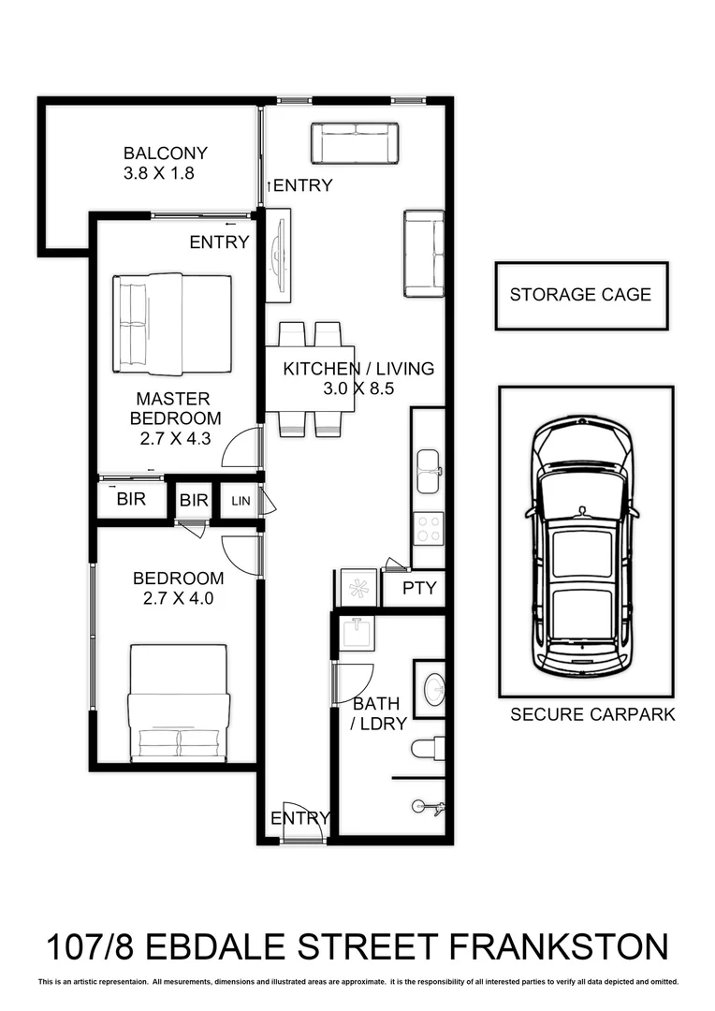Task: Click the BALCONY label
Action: click(x=165, y=154)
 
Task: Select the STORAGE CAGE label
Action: click(x=580, y=295)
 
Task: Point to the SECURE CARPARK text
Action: click(x=591, y=715)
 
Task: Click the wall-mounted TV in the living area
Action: click(x=278, y=255)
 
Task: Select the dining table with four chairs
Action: click(x=310, y=379)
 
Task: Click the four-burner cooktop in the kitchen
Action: click(x=429, y=528)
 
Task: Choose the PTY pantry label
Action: click(x=418, y=590)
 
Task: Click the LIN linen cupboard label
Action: click(x=241, y=501)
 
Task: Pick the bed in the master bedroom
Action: click(x=171, y=324)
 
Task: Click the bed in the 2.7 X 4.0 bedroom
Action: click(x=179, y=702)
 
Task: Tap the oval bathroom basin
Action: click(x=435, y=691)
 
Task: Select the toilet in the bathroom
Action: click(x=429, y=748)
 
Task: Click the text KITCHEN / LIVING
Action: click(x=358, y=369)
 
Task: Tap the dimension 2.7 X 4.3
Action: click(x=175, y=438)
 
